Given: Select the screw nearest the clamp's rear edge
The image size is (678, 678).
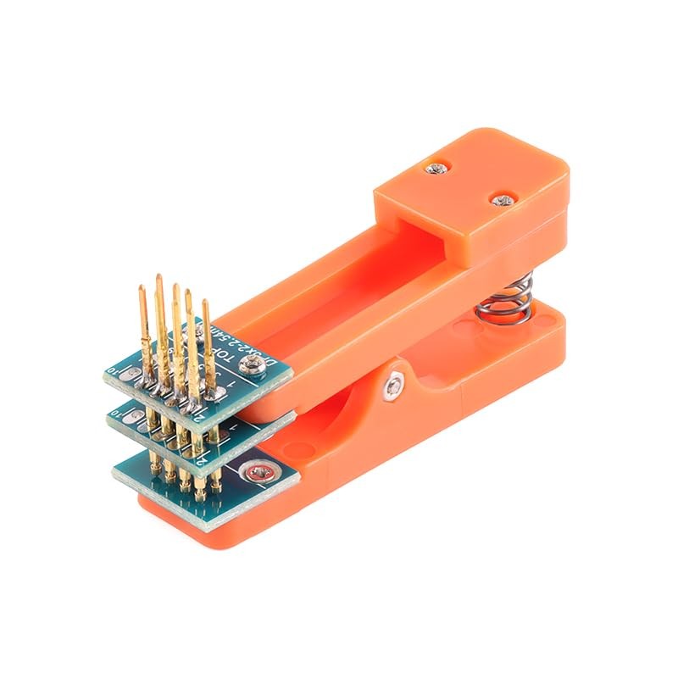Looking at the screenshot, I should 503,201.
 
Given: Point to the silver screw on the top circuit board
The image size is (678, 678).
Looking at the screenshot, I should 252,365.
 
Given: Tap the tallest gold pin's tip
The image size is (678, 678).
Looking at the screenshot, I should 158,279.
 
